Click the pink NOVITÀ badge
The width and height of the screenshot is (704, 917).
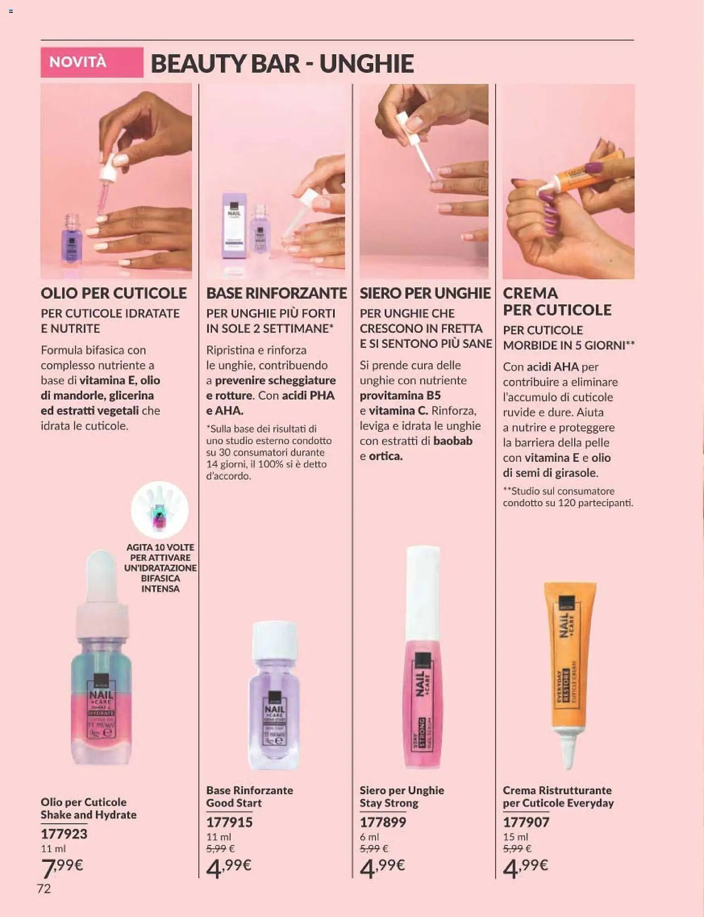coord(92,62)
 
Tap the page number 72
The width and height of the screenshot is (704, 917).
coord(44,889)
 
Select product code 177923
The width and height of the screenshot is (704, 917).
coord(64,834)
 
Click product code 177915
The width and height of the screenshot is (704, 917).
coord(229,822)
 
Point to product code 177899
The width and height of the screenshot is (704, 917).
coord(382,822)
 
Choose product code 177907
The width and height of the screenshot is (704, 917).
coord(526,822)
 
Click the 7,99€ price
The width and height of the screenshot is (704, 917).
coord(62,867)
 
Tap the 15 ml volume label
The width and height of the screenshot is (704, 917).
coord(515,837)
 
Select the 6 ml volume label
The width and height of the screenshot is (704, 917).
coord(369,837)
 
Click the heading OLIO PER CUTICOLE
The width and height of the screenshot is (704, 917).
coord(114,293)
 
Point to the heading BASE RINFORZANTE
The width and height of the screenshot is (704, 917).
coord(276,293)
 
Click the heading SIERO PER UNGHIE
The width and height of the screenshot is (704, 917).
coord(425,293)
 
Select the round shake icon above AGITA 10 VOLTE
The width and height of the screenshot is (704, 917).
coord(160,509)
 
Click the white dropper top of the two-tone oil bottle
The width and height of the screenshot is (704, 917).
coord(102,578)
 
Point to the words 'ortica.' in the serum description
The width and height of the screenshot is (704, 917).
coord(386,456)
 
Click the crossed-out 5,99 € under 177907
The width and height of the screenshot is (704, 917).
coord(517,849)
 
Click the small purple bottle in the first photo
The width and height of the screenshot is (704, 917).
coord(71,241)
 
